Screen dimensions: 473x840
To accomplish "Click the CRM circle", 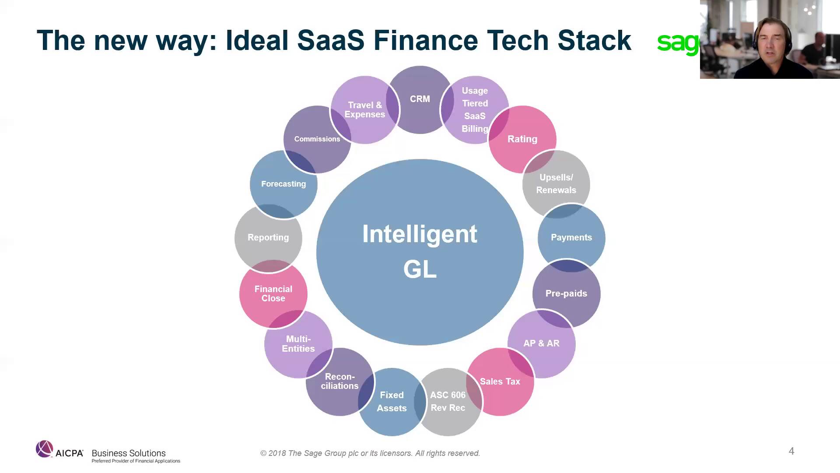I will click(420, 99).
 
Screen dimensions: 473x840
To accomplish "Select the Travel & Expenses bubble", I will click(364, 110).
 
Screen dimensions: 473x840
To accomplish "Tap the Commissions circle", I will click(317, 139).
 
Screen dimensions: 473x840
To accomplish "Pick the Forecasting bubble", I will click(283, 184).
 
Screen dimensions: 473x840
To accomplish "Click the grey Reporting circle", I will click(268, 237).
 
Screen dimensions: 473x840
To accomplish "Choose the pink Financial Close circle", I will click(273, 293).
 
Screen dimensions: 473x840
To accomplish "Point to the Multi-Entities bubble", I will click(298, 344).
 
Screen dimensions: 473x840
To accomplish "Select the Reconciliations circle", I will click(339, 381).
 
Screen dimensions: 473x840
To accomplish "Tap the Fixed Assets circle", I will click(392, 402).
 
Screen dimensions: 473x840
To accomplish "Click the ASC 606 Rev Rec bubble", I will click(448, 402).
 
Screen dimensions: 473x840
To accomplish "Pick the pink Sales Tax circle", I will click(500, 381).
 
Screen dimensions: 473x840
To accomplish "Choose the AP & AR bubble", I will click(542, 343).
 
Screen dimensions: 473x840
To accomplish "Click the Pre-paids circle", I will click(566, 293).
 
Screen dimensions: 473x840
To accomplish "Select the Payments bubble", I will click(571, 237).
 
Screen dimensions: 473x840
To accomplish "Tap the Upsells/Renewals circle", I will click(556, 184).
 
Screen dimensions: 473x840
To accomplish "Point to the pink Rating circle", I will click(522, 139).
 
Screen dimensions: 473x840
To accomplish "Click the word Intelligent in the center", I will click(420, 234).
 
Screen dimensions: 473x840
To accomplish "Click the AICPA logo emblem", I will click(44, 449).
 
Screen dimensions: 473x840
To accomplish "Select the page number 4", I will click(791, 451).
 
